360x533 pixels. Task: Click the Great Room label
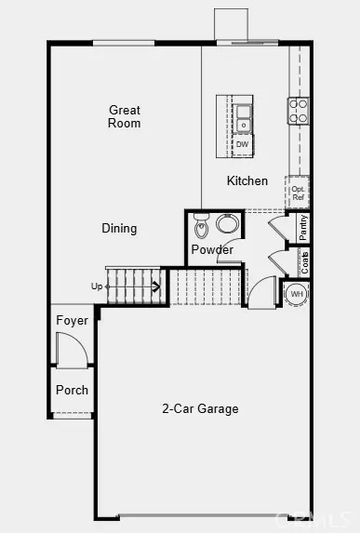[x=124, y=116]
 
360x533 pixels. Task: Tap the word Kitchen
[x=247, y=180]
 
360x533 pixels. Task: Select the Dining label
[x=119, y=228]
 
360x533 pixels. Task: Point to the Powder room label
[x=212, y=249]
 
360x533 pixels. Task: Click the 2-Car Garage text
[x=200, y=408]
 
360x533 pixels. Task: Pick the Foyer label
[x=72, y=320]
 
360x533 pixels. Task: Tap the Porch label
[x=72, y=390]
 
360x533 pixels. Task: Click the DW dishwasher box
[x=242, y=144]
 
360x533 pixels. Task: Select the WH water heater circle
[x=297, y=294]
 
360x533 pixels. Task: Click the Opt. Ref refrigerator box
[x=298, y=193]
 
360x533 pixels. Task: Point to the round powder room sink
[x=227, y=223]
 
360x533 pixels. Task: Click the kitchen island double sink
[x=243, y=117]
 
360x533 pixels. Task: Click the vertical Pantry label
[x=303, y=226]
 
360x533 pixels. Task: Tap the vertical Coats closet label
[x=304, y=261]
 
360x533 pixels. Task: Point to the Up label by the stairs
[x=97, y=286]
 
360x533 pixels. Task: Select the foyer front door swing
[x=70, y=351]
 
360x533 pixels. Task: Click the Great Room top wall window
[x=123, y=42]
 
